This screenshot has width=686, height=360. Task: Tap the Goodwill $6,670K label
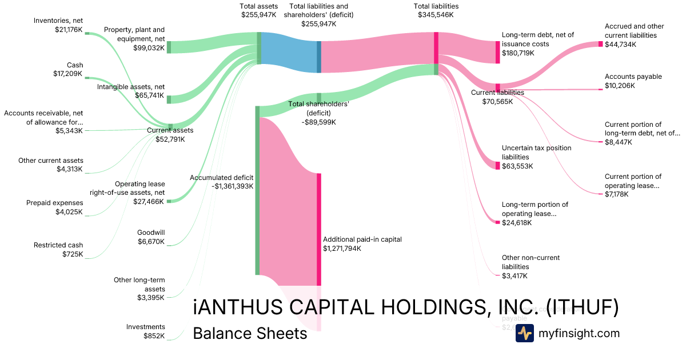click(x=151, y=237)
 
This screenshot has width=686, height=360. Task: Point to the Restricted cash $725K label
click(x=58, y=250)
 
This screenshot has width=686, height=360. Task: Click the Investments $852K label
click(x=145, y=331)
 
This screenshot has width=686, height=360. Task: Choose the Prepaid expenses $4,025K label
click(x=54, y=207)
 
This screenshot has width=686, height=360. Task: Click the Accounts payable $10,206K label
click(x=633, y=81)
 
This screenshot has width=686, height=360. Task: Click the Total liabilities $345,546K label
click(x=436, y=11)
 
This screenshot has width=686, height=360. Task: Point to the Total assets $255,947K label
click(x=259, y=11)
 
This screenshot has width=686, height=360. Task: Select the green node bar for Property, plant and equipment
click(x=169, y=47)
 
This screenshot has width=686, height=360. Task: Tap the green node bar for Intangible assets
click(x=169, y=99)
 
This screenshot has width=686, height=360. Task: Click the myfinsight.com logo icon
click(x=524, y=333)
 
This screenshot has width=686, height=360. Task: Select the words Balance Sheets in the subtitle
click(x=250, y=333)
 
